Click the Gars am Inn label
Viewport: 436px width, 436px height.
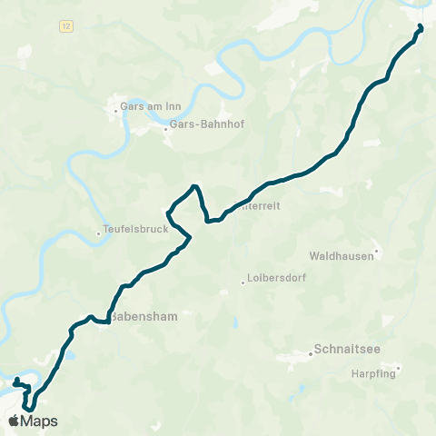point(152,107)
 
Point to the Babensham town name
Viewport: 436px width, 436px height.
point(144,319)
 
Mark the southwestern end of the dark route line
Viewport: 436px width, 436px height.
point(16,379)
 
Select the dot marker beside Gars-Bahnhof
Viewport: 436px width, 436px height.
point(165,129)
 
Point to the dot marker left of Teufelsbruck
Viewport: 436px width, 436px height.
point(99,233)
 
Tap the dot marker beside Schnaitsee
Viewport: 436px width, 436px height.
point(311,353)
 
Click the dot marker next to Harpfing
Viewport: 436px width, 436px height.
point(397,368)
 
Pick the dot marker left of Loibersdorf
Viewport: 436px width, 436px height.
point(243,282)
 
